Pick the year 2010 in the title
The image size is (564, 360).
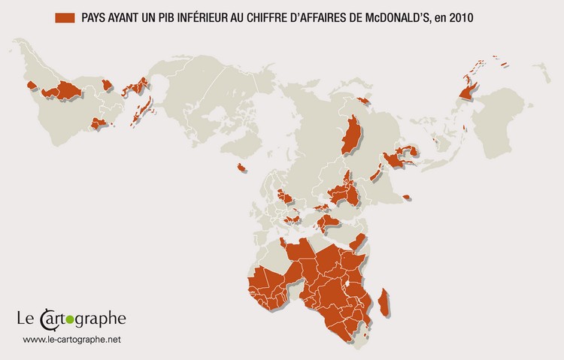click(480, 17)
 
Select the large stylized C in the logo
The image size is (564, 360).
click(47, 319)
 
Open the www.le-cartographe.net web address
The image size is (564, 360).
click(71, 340)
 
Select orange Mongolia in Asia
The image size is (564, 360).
click(353, 135)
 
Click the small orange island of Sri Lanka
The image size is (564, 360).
click(406, 197)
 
